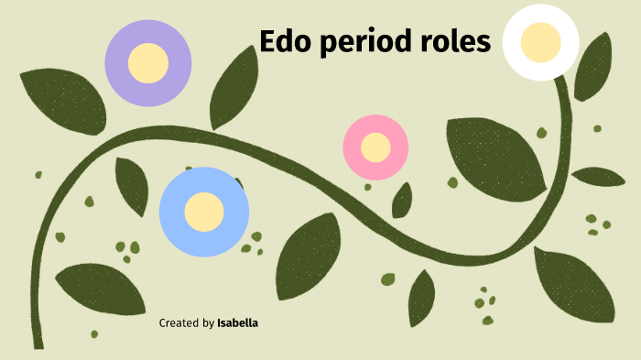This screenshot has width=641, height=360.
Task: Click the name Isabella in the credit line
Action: tap(238, 323)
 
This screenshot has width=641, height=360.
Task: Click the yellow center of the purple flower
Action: tap(147, 62)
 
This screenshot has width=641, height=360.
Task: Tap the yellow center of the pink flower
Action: tap(375, 147)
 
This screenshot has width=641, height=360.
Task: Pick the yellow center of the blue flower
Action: tap(204, 213)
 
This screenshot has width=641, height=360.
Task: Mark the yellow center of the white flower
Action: tap(540, 41)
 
